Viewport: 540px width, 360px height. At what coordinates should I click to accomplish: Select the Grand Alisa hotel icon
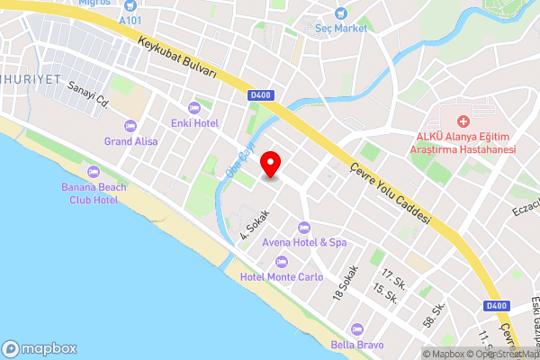(x=131, y=126)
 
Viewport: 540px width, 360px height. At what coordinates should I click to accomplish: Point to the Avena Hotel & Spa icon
(x=303, y=227)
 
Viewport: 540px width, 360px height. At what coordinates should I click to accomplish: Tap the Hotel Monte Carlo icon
(x=281, y=262)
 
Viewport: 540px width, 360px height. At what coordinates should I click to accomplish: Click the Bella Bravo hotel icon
(x=357, y=329)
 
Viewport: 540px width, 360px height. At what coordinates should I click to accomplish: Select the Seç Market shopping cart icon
(x=340, y=13)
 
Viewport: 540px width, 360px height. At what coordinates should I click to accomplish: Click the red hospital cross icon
(x=463, y=121)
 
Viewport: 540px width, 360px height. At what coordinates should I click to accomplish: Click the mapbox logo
(x=40, y=348)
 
